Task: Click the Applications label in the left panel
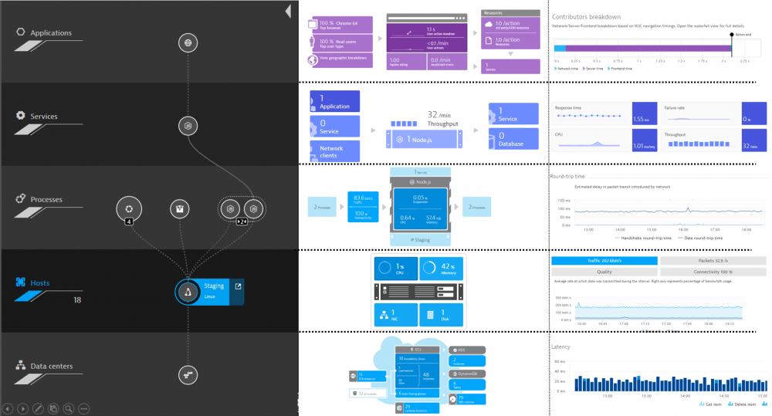[x=51, y=33]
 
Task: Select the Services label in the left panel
[x=44, y=117]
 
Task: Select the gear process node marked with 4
[x=129, y=208]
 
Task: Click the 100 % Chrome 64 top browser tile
[x=340, y=25]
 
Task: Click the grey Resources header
[x=510, y=13]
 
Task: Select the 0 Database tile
[x=513, y=139]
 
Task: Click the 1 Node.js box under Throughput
[x=426, y=139]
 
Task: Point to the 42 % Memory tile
[x=441, y=269]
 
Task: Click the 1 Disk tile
[x=441, y=314]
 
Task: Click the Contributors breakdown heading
[x=587, y=17]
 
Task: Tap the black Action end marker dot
[x=731, y=34]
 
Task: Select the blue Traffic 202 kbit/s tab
[x=604, y=261]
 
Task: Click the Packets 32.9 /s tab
[x=713, y=261]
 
